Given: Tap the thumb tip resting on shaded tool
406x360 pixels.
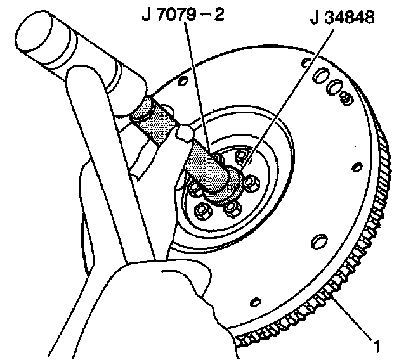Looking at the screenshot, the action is coord(185,132).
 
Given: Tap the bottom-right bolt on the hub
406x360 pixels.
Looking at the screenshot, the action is coord(231,209).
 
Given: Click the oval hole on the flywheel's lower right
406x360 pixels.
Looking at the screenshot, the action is coord(315,242).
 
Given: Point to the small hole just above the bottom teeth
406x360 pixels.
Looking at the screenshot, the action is coord(255,300).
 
